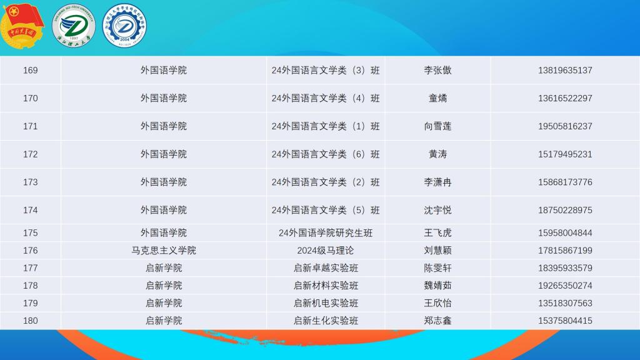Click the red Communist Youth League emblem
(22, 26)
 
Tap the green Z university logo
(74, 26)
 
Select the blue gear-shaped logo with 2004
(124, 26)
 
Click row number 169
(30, 70)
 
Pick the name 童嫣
(437, 98)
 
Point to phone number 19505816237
(565, 126)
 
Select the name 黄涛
(437, 154)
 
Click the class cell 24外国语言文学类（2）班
(326, 182)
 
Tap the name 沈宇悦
(437, 210)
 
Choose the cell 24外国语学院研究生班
(326, 233)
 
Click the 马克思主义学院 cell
(164, 251)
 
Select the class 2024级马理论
(326, 251)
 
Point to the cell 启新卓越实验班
(326, 268)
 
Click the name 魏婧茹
(437, 286)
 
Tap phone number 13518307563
(565, 303)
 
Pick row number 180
(30, 321)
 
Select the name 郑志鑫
(437, 321)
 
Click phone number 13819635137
(565, 70)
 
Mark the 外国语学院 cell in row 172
(164, 154)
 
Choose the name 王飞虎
(437, 233)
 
